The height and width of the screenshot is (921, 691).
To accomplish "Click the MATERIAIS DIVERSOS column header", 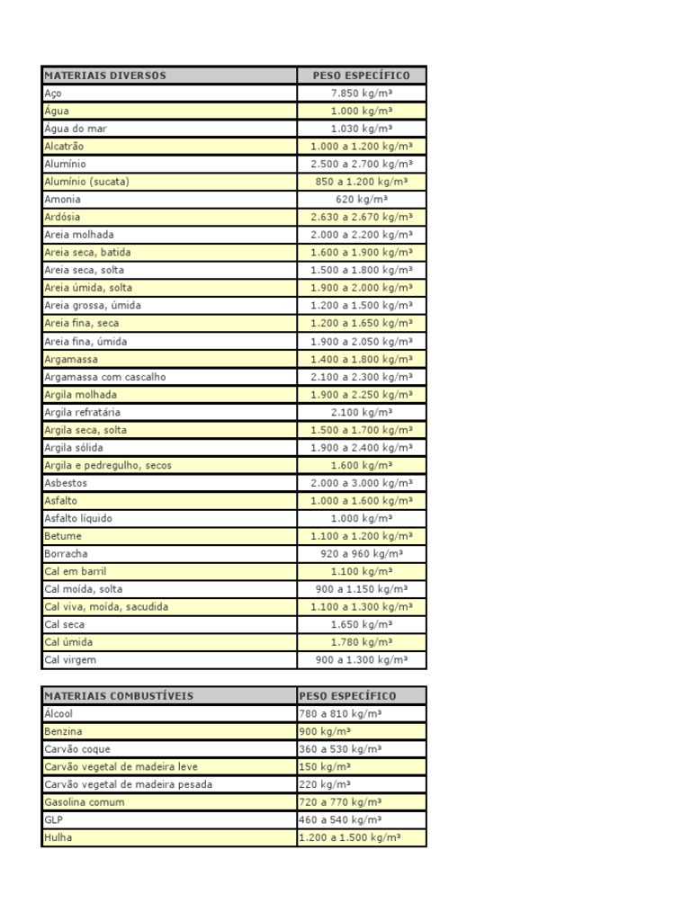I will [x=105, y=76].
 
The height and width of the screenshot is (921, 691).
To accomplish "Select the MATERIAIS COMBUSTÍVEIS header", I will [x=119, y=696].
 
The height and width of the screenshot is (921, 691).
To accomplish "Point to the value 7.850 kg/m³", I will [x=362, y=93].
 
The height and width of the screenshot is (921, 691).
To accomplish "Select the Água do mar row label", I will [x=76, y=129].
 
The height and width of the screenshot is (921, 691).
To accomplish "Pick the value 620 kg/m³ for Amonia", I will [x=362, y=200].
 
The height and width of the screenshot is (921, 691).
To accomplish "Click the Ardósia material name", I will [x=63, y=217].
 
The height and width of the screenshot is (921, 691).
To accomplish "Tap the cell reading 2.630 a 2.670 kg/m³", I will [x=362, y=217].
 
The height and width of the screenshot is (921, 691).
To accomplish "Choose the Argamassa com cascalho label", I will [x=105, y=377].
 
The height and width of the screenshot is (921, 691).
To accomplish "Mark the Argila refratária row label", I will [x=83, y=412].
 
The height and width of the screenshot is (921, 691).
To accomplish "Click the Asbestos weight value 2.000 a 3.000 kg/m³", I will [x=362, y=483].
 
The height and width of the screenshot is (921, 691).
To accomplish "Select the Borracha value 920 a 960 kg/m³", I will [x=362, y=554].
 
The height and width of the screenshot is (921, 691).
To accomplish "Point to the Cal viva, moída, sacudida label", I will [x=106, y=607].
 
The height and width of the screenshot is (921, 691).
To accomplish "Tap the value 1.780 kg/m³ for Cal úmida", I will [x=362, y=642].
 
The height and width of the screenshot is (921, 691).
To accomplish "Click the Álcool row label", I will [x=59, y=713].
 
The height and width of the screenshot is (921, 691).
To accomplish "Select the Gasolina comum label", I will [x=85, y=802].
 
